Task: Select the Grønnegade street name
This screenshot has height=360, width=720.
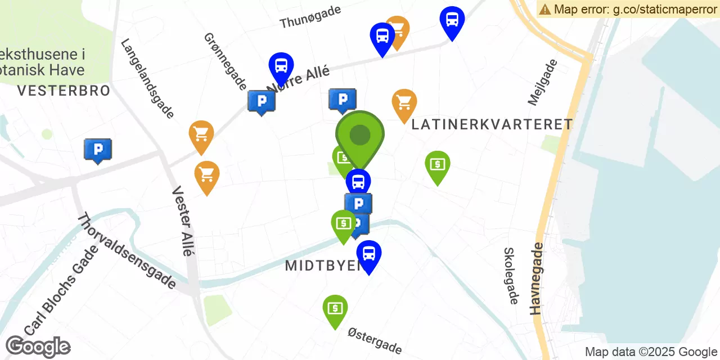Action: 225,61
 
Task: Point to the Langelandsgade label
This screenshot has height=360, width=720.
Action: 147,78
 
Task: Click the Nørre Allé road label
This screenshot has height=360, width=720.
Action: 298,78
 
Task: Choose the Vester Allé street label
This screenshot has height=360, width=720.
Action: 183,221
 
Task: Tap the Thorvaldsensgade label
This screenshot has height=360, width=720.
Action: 127,251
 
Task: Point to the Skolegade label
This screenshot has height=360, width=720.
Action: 511,276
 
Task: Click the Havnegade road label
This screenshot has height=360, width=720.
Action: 537,278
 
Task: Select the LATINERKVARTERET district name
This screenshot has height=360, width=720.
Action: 492,124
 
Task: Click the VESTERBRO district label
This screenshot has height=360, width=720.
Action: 64,91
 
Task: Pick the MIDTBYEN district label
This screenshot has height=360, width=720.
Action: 322,265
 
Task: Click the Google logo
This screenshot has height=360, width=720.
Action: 38,346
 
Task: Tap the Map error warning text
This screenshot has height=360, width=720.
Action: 628,9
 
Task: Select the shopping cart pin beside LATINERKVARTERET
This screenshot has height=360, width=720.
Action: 404,103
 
